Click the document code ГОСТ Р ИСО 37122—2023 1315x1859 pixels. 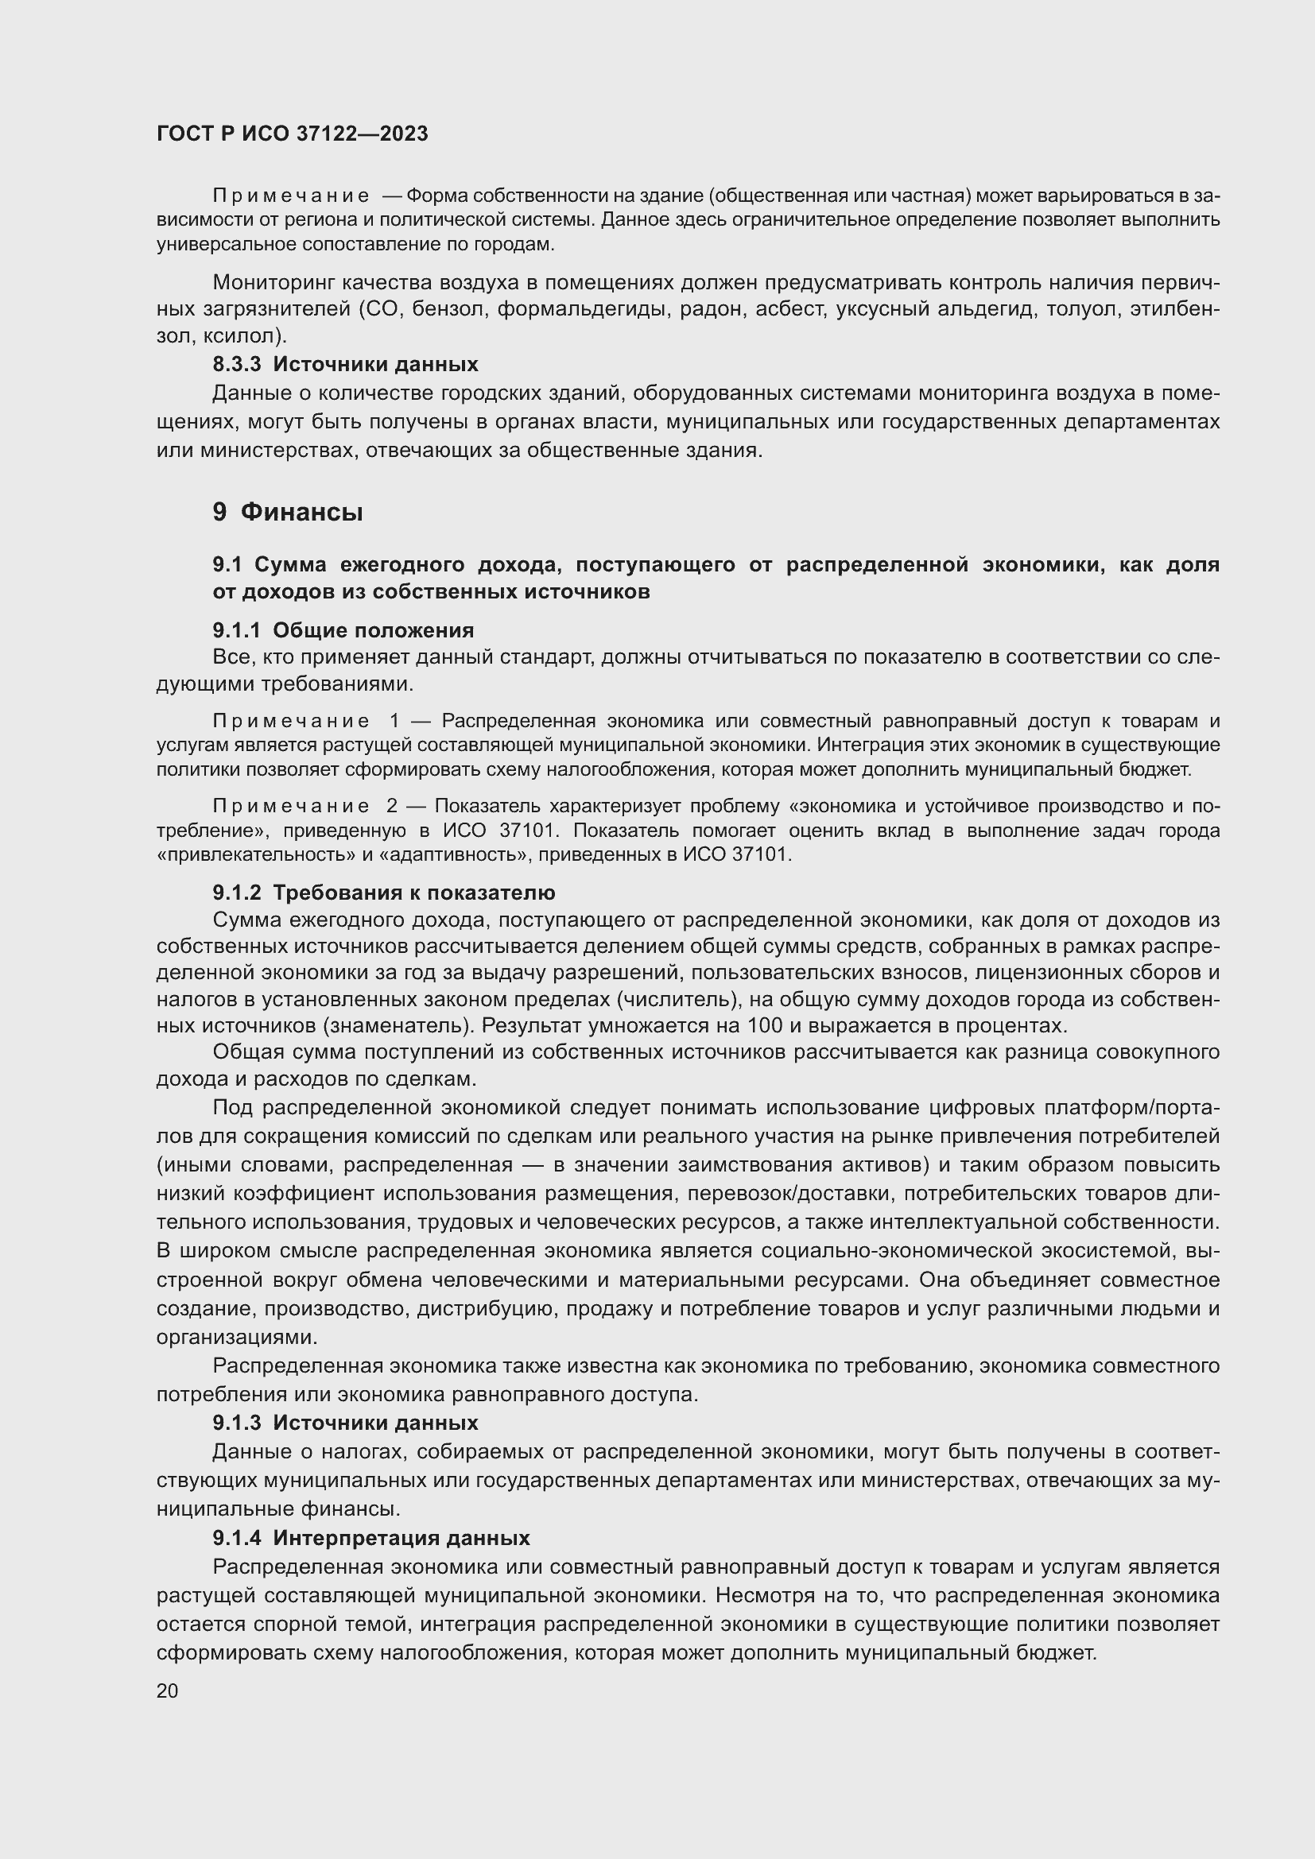(x=293, y=134)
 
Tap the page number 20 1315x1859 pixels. (x=168, y=1691)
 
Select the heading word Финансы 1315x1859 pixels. (x=301, y=512)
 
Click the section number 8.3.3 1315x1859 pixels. (x=236, y=364)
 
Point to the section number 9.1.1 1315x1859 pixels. (x=236, y=630)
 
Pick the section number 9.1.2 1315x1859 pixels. (x=236, y=893)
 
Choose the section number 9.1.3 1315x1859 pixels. (x=236, y=1423)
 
